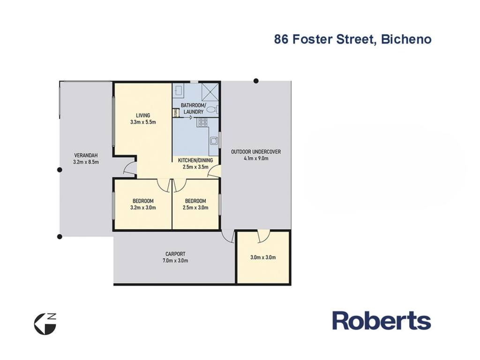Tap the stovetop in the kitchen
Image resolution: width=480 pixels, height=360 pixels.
click(x=202, y=122)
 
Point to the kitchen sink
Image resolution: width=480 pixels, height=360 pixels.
click(x=214, y=141)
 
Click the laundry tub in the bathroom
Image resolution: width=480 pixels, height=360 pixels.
click(x=179, y=90)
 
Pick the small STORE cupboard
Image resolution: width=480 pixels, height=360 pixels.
click(x=176, y=112)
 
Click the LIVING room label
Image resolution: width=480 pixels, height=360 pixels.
click(x=143, y=115)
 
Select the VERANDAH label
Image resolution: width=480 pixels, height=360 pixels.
click(x=86, y=155)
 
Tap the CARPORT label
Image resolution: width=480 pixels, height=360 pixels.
click(x=175, y=254)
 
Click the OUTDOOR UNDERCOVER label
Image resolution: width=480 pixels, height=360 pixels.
click(x=255, y=151)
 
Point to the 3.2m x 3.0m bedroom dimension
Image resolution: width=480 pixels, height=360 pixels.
click(x=143, y=208)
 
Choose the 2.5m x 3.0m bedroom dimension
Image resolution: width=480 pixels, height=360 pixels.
click(x=195, y=208)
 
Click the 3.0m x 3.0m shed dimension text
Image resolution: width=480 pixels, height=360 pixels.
click(x=263, y=257)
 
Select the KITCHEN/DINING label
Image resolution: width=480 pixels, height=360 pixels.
click(x=195, y=160)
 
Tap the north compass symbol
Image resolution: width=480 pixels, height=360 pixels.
click(x=45, y=324)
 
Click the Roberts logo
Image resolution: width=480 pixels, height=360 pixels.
click(x=382, y=321)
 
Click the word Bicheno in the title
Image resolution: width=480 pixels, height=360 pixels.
click(x=406, y=39)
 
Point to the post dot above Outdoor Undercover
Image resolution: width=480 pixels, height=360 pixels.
click(x=256, y=81)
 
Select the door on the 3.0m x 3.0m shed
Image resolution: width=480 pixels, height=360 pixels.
click(x=263, y=236)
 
